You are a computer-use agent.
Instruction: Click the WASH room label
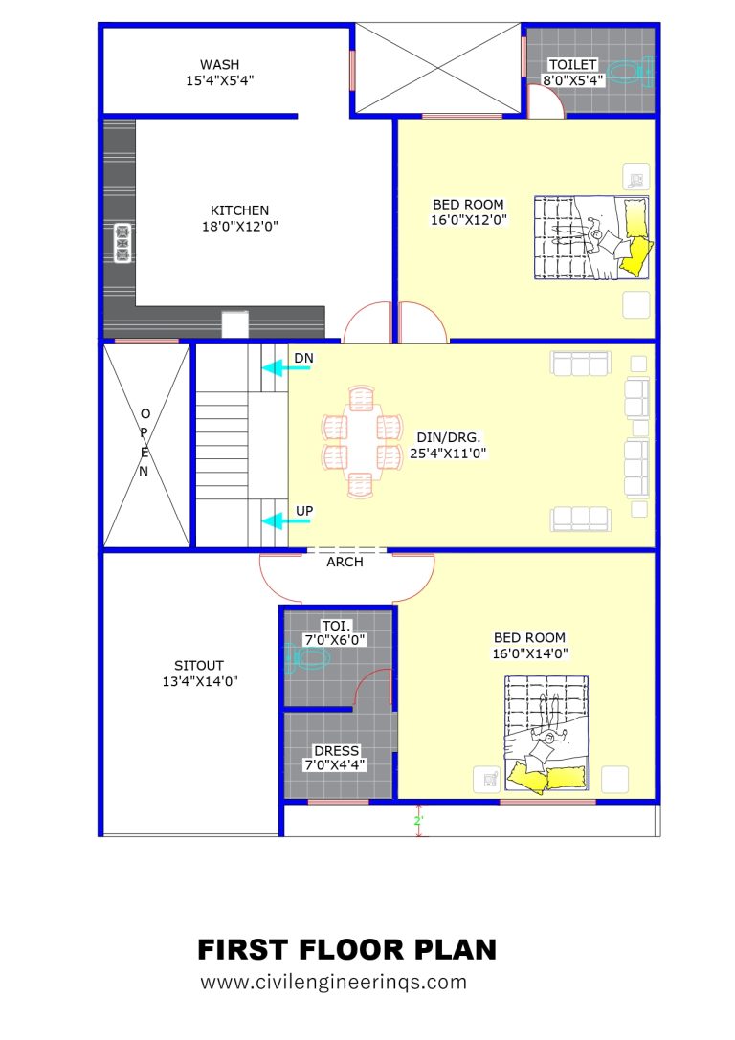(219, 64)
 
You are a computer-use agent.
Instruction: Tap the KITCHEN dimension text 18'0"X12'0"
(239, 227)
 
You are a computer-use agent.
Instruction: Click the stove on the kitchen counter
(122, 243)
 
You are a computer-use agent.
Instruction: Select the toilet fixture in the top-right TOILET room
(630, 71)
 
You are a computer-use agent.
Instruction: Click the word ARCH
(345, 563)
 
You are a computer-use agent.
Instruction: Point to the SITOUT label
(199, 665)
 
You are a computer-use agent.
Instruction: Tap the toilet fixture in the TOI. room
(307, 658)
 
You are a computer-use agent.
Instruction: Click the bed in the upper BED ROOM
(590, 237)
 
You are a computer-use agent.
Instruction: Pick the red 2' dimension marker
(417, 822)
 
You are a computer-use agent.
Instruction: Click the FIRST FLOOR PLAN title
(347, 950)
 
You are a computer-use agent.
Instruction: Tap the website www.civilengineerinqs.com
(333, 982)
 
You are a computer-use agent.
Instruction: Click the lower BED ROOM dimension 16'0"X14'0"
(529, 654)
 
